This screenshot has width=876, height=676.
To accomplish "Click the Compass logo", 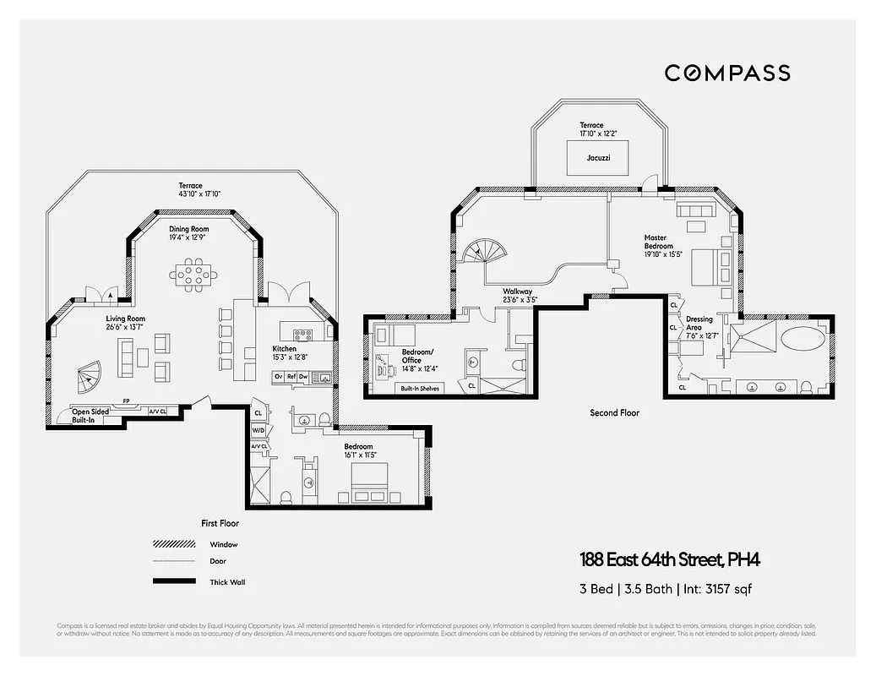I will click(x=726, y=73).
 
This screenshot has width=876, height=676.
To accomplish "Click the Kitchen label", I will click(x=284, y=348).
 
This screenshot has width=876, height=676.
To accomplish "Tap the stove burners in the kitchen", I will click(x=303, y=334).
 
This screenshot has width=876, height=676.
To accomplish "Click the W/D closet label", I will click(x=258, y=430).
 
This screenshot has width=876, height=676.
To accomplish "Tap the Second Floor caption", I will click(x=614, y=413).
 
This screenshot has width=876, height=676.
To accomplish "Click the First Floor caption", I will click(x=220, y=524).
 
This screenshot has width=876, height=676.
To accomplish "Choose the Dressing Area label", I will click(x=699, y=324).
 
